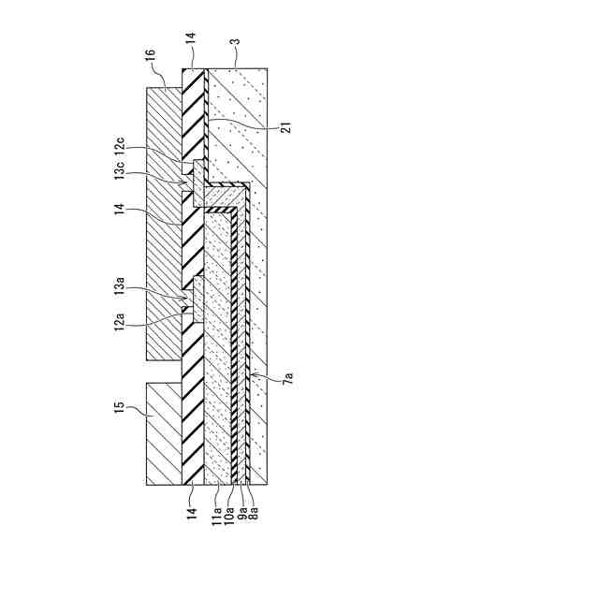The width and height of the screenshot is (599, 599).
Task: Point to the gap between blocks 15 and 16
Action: coord(165,371)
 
